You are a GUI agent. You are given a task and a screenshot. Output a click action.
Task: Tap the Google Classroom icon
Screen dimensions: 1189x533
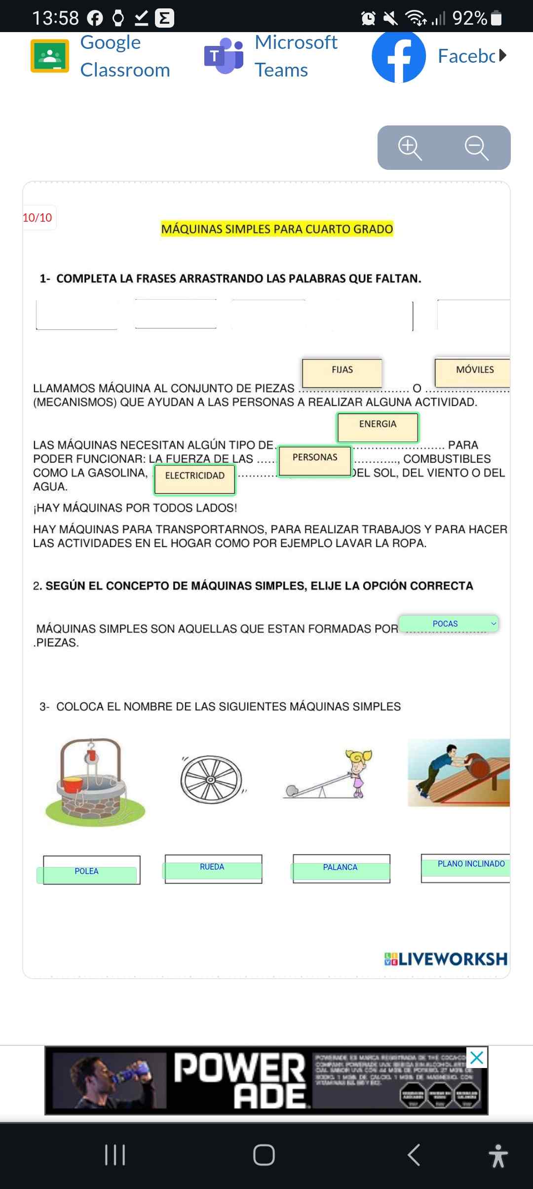(x=50, y=56)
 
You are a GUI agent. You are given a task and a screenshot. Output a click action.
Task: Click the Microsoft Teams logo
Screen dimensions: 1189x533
(x=224, y=56)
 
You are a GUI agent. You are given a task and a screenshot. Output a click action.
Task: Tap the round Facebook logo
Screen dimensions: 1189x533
(x=399, y=57)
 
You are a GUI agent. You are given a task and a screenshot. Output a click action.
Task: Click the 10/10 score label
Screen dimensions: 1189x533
(x=38, y=218)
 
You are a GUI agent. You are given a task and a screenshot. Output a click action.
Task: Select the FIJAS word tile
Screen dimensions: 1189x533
(x=342, y=372)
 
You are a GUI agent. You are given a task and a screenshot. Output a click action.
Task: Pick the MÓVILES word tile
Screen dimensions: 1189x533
(x=474, y=372)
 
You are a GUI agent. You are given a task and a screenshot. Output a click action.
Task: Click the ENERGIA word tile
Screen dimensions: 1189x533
(x=378, y=427)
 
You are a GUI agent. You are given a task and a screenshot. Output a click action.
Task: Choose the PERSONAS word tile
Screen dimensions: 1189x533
(x=315, y=461)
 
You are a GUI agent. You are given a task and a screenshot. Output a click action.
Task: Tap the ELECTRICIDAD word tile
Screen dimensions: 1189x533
(x=195, y=479)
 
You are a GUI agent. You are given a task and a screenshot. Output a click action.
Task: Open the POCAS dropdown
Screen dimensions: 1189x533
(x=449, y=624)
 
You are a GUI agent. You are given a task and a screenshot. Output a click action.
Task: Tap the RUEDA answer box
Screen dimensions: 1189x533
(x=213, y=869)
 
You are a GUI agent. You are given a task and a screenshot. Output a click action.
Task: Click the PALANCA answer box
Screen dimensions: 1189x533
(x=341, y=869)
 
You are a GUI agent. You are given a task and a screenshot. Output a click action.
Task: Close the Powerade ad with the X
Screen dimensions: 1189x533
(x=476, y=1058)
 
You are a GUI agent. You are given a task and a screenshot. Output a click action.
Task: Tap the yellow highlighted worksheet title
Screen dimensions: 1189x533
(x=277, y=229)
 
